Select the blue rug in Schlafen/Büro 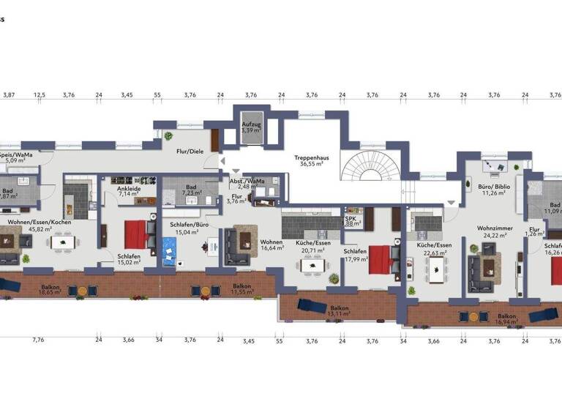tap(173, 253)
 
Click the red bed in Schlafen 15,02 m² tap(136, 234)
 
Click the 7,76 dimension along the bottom tap(39, 340)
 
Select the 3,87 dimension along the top tap(10, 94)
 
